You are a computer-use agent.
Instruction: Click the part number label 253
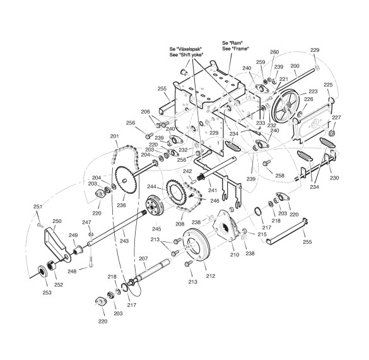(x=47, y=292)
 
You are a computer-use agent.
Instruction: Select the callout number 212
(x=211, y=276)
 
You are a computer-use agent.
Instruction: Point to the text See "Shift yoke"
(x=186, y=54)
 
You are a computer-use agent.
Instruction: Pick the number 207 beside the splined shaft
(x=143, y=258)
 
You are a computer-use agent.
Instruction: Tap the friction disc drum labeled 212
(x=196, y=246)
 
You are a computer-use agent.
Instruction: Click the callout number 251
(x=38, y=207)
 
